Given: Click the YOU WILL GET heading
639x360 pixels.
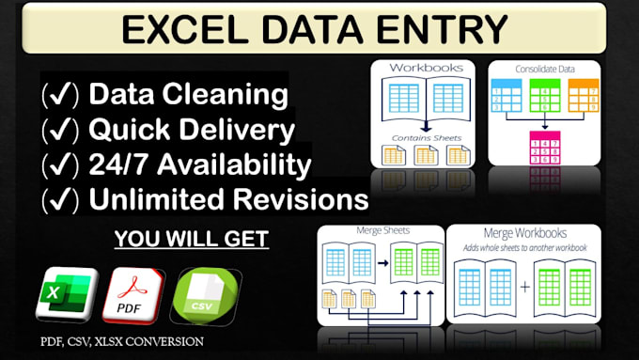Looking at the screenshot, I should (191, 239).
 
